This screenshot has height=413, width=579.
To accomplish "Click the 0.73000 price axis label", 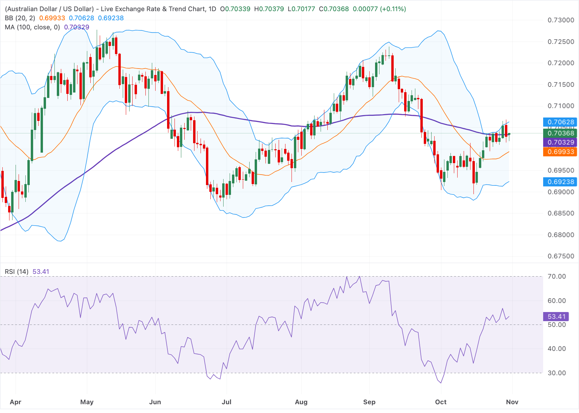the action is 561,20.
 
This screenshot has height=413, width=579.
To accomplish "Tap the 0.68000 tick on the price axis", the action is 561,235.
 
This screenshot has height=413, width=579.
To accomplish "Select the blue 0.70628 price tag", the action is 560,122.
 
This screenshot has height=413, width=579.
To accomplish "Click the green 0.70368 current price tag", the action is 560,133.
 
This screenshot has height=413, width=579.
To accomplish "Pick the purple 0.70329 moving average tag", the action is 560,142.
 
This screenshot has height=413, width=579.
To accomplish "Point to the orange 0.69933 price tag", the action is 560,152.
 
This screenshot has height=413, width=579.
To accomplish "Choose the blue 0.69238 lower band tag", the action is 560,182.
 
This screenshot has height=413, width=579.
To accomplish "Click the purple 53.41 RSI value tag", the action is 556,316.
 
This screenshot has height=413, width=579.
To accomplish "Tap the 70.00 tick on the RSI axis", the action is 557,277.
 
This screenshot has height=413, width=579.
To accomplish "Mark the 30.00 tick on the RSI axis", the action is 557,373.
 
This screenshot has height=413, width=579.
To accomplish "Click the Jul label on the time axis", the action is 227,402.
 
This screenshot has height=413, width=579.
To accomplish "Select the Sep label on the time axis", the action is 369,402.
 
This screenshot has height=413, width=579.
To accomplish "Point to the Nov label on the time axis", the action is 512,402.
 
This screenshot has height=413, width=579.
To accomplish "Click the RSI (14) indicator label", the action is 17,272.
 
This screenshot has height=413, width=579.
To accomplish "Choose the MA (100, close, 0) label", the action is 32,27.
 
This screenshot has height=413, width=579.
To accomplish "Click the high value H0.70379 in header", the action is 269,9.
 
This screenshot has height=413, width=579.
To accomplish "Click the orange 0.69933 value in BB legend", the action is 52,18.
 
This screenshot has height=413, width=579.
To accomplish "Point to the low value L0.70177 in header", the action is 301,9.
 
